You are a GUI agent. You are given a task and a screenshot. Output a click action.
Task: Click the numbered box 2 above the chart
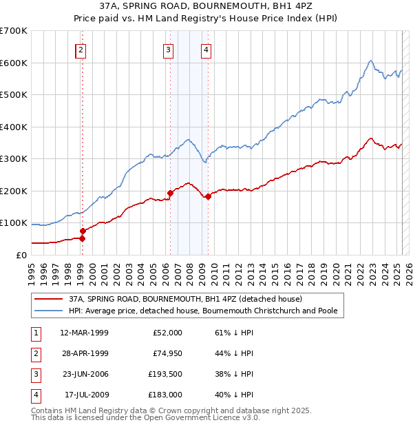[x=81, y=49]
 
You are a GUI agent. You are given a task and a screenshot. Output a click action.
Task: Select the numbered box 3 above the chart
[x=168, y=49]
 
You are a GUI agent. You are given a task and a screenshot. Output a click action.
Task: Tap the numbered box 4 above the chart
[x=206, y=49]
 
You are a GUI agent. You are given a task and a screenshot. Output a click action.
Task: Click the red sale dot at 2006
[x=170, y=193]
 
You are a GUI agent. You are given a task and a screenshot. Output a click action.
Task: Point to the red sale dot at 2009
[x=207, y=196]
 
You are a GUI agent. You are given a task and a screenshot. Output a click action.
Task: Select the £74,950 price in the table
[x=167, y=353]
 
